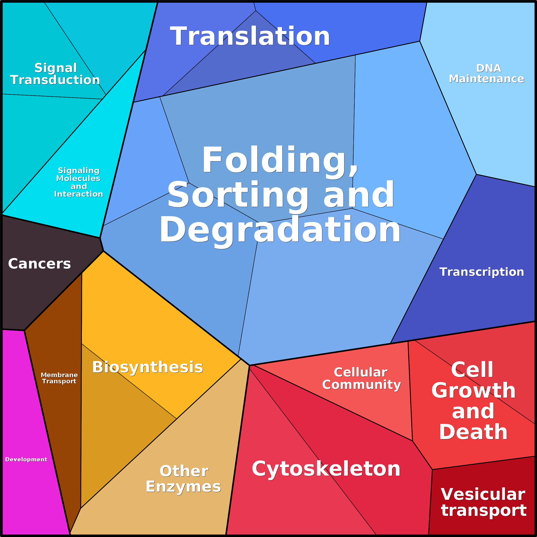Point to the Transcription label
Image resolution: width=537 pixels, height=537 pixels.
[x=481, y=272]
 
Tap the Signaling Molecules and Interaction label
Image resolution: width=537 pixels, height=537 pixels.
[x=79, y=182]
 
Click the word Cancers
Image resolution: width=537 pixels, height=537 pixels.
[x=40, y=264]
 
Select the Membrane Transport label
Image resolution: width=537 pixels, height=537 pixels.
[x=59, y=378]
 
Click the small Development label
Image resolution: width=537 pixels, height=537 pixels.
[x=26, y=459]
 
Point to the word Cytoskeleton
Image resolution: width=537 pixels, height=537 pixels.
[x=326, y=469]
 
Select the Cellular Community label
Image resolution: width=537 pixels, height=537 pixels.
[x=361, y=379]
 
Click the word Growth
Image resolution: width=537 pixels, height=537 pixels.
[x=473, y=391]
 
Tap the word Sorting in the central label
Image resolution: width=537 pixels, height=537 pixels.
[x=238, y=195]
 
